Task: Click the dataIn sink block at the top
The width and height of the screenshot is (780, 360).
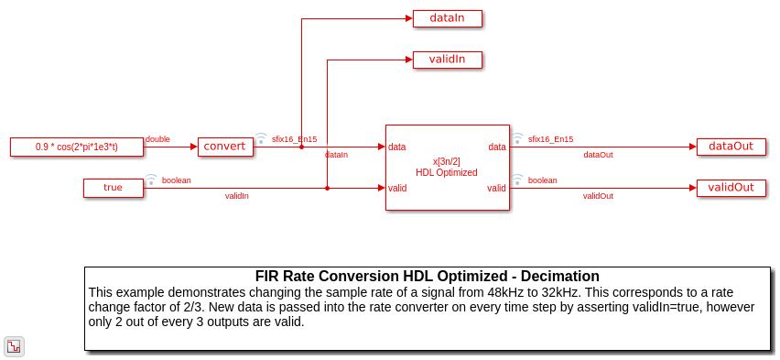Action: click(447, 18)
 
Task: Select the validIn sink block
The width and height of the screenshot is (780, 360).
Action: click(447, 60)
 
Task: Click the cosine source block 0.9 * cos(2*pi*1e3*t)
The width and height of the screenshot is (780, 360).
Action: click(77, 147)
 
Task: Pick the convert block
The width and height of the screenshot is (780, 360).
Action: click(225, 147)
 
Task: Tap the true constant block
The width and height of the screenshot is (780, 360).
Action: click(114, 188)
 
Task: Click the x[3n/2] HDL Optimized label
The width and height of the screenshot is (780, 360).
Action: click(446, 168)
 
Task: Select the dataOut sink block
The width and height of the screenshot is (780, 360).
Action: click(731, 147)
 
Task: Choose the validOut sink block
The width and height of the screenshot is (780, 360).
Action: click(731, 188)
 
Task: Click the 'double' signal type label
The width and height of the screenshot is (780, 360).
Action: click(157, 139)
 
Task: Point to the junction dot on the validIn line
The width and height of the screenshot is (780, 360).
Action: click(327, 188)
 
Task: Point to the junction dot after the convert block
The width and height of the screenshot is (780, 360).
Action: click(301, 147)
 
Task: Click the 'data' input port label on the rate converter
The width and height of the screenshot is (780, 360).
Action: click(397, 147)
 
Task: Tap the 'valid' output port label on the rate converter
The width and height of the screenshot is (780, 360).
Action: click(496, 188)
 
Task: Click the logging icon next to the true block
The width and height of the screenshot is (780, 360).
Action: click(151, 180)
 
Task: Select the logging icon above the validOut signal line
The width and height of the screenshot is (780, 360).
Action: click(517, 180)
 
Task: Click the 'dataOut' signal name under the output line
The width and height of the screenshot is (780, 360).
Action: click(598, 155)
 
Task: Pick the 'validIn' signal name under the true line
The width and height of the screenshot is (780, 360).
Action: click(237, 196)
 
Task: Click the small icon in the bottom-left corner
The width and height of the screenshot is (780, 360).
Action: click(14, 346)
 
